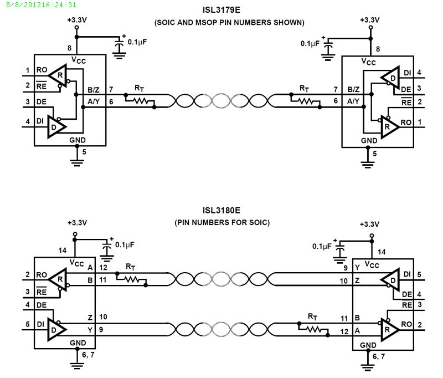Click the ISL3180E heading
click(x=221, y=211)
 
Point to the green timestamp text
click(x=39, y=4)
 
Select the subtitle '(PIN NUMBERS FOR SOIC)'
click(x=221, y=222)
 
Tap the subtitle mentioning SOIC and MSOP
click(x=229, y=23)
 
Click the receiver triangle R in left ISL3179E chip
click(x=58, y=75)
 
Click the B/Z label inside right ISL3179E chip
click(x=353, y=89)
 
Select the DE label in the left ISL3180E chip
click(x=42, y=305)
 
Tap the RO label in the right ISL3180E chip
click(x=406, y=324)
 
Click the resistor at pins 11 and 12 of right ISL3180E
click(x=313, y=329)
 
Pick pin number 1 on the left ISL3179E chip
click(x=27, y=70)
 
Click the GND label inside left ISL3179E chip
click(x=78, y=140)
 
